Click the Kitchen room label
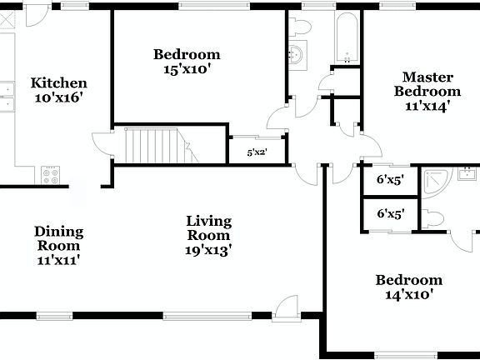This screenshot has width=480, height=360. pyautogui.click(x=58, y=83)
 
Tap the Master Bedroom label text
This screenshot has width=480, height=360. pyautogui.click(x=427, y=84)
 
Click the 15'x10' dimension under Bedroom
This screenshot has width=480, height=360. pyautogui.click(x=187, y=70)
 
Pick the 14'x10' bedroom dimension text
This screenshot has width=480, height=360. pyautogui.click(x=408, y=294)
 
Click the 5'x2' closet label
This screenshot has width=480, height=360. pyautogui.click(x=257, y=152)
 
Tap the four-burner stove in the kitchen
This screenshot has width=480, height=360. pyautogui.click(x=52, y=175)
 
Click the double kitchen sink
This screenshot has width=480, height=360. pyautogui.click(x=7, y=97)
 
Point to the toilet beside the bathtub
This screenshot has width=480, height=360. pyautogui.click(x=301, y=28)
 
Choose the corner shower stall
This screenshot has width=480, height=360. pyautogui.click(x=434, y=181)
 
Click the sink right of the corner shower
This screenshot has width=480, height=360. pyautogui.click(x=468, y=174)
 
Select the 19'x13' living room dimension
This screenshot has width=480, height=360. pyautogui.click(x=208, y=248)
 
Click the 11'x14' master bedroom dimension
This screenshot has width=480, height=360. pyautogui.click(x=427, y=106)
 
